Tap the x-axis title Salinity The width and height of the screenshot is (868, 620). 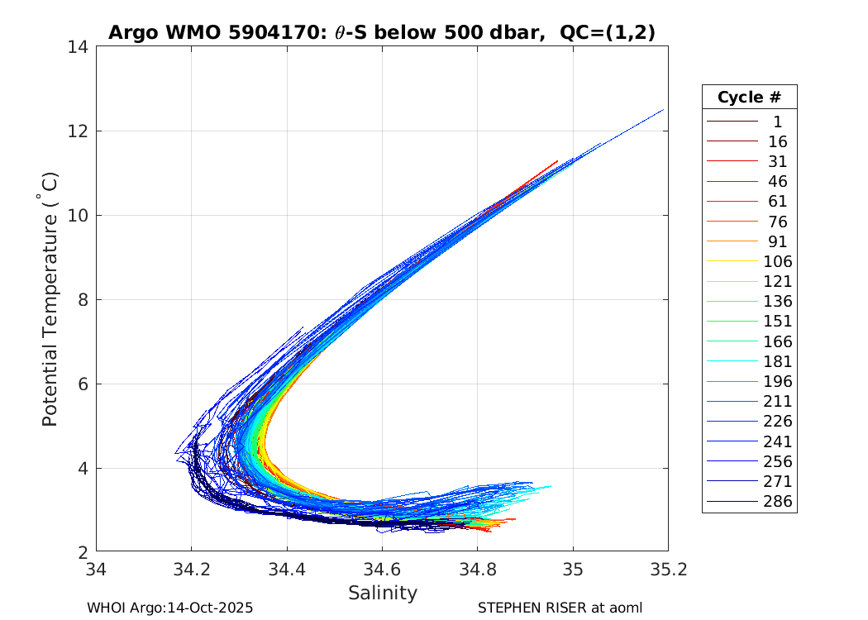point(382,593)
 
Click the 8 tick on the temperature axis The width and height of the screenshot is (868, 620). point(84,300)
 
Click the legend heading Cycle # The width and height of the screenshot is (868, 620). point(749,98)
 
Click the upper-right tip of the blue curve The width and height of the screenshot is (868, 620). point(664,109)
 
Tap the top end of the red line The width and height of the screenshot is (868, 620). point(558,161)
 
